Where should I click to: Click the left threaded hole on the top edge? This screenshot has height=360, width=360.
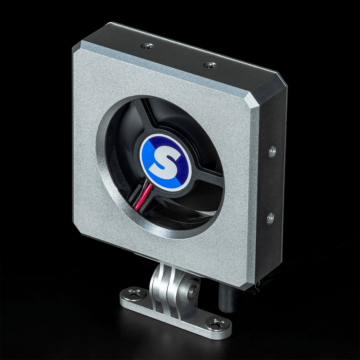tap(147, 46)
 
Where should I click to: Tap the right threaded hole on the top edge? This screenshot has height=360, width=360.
tap(210, 65)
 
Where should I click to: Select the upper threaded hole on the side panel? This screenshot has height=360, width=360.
tap(272, 152)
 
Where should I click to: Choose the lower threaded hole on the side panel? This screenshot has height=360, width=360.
tap(270, 218)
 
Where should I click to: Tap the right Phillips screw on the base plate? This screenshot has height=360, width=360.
tap(218, 323)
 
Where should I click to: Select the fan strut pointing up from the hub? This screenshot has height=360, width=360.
tap(146, 115)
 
